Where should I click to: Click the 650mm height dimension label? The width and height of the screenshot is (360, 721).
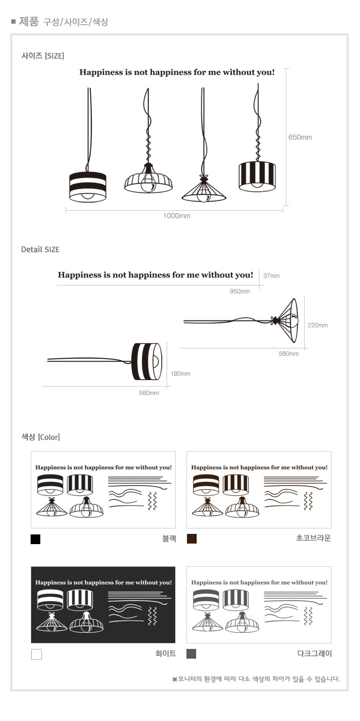(x=300, y=138)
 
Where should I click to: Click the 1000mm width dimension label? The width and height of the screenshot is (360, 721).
(x=177, y=216)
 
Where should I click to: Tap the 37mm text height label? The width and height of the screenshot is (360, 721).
(x=271, y=276)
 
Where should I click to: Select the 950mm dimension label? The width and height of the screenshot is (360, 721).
(x=240, y=291)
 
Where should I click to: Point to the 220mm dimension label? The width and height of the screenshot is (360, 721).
(x=318, y=325)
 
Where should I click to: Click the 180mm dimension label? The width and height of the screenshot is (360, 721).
(x=180, y=374)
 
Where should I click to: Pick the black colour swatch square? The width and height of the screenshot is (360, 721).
(x=35, y=539)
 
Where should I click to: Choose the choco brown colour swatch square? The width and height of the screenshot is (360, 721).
(x=192, y=539)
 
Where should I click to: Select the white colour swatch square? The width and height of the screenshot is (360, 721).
(x=37, y=654)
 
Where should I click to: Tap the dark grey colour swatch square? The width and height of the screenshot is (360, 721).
(x=191, y=654)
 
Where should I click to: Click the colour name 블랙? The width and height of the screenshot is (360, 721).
(x=169, y=539)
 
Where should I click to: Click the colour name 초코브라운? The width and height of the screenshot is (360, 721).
(x=313, y=538)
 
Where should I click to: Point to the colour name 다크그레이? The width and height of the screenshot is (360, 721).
(x=314, y=653)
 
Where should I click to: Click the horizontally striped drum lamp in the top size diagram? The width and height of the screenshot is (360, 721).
(x=88, y=187)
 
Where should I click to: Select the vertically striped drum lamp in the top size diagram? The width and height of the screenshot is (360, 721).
(x=257, y=176)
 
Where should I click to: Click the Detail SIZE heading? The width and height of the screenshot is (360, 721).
(x=40, y=249)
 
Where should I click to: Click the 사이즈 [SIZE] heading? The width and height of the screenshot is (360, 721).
(x=43, y=56)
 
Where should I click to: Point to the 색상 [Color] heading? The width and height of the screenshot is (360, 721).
(x=40, y=437)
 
